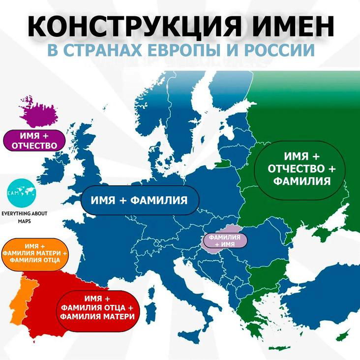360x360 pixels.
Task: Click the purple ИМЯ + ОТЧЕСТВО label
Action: tap(34, 140)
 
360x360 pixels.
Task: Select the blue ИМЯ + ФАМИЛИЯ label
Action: tap(139, 200)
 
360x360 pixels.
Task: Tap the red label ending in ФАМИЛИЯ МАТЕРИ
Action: tap(96, 307)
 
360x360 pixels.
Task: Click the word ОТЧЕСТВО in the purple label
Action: tap(34, 145)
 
